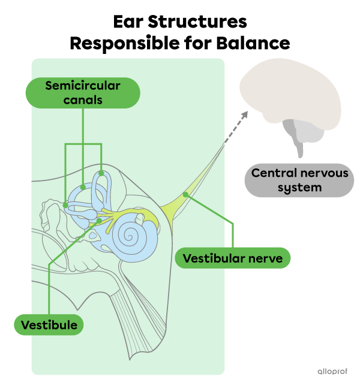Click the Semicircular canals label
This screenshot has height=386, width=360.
pos(83,93)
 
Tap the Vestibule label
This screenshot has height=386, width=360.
pos(49,325)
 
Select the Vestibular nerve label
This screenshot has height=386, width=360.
pos(233,258)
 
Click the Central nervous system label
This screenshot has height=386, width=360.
pos(299,180)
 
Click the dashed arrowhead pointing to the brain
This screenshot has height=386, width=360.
pos(244,114)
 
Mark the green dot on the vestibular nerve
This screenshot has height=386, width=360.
pos(185,194)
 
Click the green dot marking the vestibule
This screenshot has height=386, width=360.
pos(100,221)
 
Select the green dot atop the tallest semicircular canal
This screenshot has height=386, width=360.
pos(101,174)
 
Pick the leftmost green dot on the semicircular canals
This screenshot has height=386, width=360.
pos(65,205)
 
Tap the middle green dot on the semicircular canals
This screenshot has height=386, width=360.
pos(83,188)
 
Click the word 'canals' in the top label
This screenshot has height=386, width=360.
pos(83,100)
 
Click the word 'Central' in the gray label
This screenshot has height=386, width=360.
pos(272,173)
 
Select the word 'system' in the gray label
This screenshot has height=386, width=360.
pos(299,187)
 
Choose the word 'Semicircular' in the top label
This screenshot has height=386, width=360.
pos(83,86)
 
